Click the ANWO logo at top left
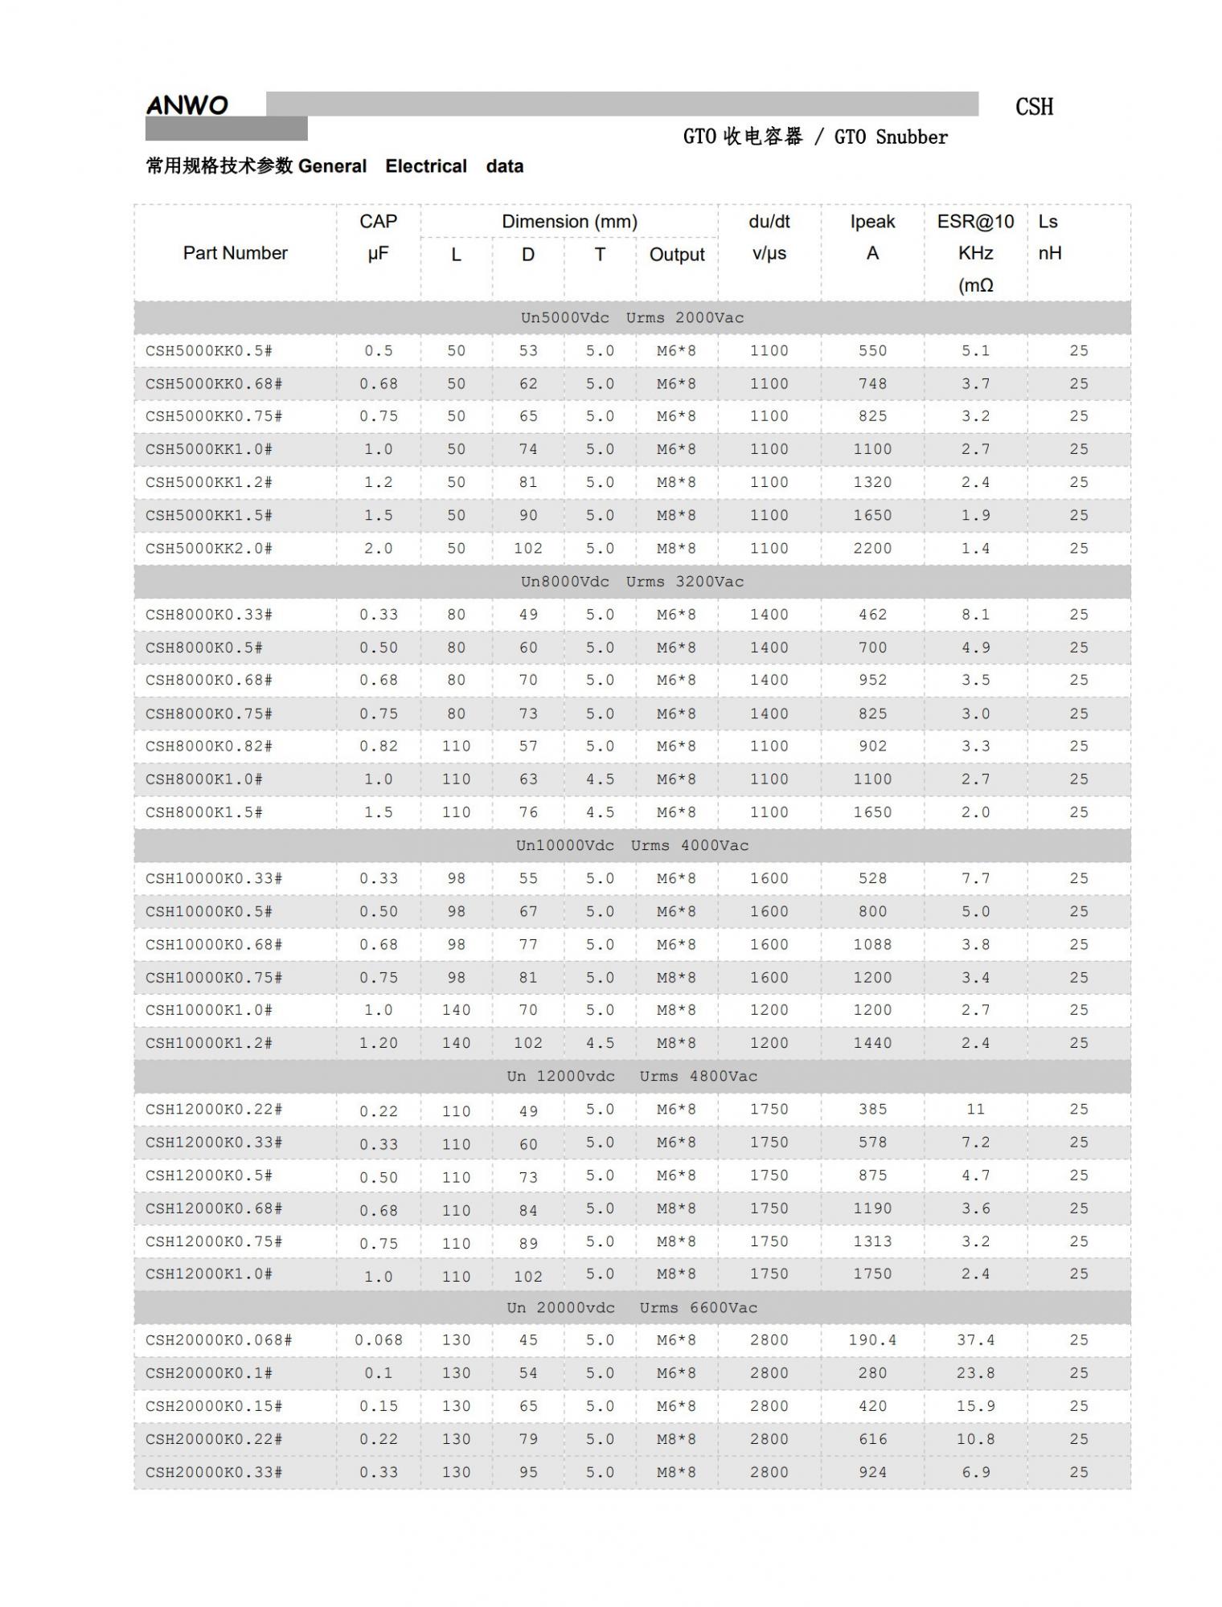point(187,105)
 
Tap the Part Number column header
point(235,253)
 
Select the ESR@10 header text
point(975,222)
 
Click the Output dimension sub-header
point(677,255)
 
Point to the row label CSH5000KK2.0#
point(209,549)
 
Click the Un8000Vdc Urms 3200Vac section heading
point(632,582)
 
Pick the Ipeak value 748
point(872,384)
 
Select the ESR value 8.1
point(975,615)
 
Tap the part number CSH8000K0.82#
point(209,746)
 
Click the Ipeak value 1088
point(872,945)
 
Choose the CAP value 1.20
point(378,1044)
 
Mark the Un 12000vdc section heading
point(632,1077)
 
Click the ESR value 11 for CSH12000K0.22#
point(975,1110)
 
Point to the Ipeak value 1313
point(872,1241)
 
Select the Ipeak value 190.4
point(872,1340)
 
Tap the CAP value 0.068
point(378,1340)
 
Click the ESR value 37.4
point(975,1340)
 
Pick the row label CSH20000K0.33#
point(214,1473)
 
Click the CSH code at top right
point(1034,107)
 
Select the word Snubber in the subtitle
point(912,137)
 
